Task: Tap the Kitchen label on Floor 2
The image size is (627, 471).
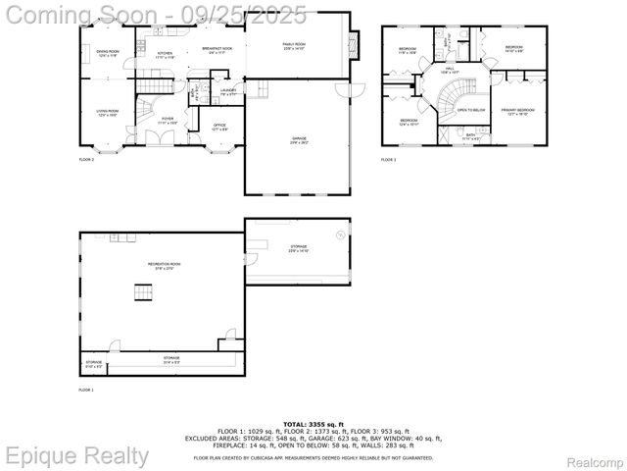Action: tap(166, 55)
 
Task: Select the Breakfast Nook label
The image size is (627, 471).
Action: tap(217, 49)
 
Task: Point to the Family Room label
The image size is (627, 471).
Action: tap(293, 45)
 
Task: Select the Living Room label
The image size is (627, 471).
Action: tap(107, 114)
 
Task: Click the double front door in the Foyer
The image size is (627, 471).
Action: tap(156, 138)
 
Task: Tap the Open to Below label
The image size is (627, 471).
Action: tap(471, 111)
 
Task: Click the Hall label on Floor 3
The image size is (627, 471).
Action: tap(450, 71)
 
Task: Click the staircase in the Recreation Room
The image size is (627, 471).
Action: tap(144, 291)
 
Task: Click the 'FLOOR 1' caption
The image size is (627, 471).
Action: tap(86, 390)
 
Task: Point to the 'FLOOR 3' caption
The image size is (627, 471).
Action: tap(389, 159)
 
